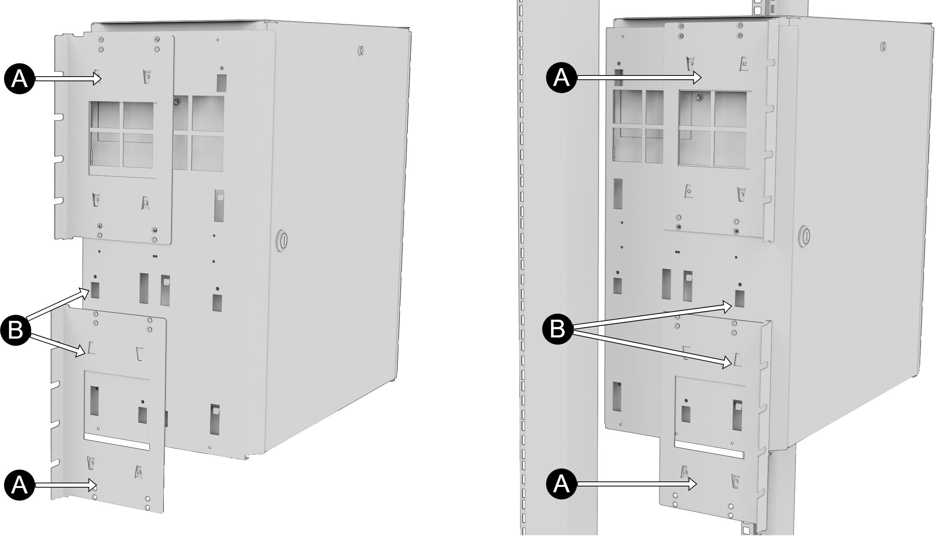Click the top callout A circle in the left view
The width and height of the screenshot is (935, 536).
(x=19, y=79)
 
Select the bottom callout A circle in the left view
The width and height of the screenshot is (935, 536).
(x=19, y=485)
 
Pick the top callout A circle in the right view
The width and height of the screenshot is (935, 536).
(x=561, y=78)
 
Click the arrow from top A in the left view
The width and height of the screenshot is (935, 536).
(x=68, y=79)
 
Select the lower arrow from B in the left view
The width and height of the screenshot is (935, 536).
(x=58, y=345)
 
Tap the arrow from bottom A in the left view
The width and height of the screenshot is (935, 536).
(x=66, y=485)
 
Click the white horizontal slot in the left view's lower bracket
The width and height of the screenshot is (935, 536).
(x=117, y=442)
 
